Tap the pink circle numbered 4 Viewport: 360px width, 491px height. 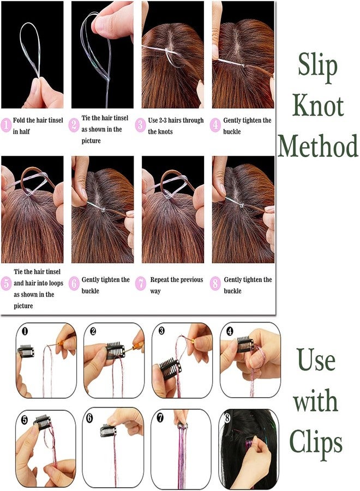point(215,125)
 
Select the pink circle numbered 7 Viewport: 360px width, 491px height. point(141,284)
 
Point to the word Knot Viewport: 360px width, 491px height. point(318,105)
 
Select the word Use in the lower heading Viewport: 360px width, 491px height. point(316,360)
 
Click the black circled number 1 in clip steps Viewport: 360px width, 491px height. point(25,331)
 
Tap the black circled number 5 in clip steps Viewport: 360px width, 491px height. point(25,420)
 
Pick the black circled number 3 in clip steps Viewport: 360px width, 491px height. point(161,331)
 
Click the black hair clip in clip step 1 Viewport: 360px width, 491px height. point(26,351)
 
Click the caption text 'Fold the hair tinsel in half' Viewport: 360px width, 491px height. point(38,126)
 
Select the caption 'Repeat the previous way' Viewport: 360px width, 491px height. point(177,285)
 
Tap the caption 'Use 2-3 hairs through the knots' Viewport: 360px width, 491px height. point(176,126)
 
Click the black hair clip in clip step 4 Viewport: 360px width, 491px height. point(245,344)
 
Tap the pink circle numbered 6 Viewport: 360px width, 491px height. point(74,284)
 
